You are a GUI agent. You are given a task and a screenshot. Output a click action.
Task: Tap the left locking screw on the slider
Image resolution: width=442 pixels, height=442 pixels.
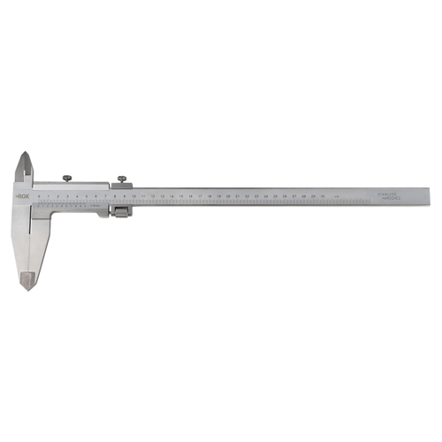[67, 177]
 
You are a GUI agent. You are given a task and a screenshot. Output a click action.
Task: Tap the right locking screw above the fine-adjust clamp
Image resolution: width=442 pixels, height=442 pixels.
[118, 177]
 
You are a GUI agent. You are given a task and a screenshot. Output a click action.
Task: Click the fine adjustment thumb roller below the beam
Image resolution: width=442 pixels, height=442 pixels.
[121, 211]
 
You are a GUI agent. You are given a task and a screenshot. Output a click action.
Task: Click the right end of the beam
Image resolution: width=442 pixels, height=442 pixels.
[430, 196]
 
